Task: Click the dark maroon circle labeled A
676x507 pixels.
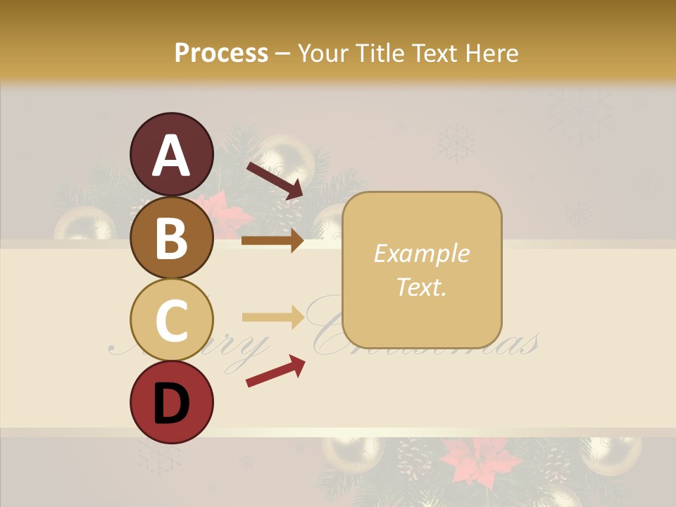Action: tap(171, 154)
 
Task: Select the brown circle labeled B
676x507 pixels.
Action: tap(171, 237)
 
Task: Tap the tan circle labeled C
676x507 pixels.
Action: tap(171, 320)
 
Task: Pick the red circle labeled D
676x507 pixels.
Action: tap(171, 402)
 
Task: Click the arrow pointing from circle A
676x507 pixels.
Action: tap(275, 180)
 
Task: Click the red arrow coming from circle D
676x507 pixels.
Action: tap(275, 371)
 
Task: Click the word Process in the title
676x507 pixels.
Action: tap(221, 53)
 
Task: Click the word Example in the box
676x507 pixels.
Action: tap(421, 254)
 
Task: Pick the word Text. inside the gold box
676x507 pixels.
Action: tap(421, 287)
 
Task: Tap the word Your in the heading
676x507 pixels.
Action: tap(323, 53)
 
